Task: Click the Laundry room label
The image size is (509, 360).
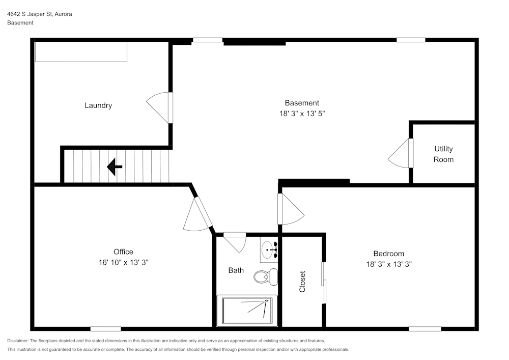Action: coord(98,105)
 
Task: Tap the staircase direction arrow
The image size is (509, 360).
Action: coord(115,167)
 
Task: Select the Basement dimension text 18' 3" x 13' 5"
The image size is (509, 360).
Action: coord(302,114)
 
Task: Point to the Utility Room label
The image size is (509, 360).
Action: coord(443,154)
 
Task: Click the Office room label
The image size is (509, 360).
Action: coord(123,252)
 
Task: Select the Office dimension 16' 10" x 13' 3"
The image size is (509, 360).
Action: coord(123,262)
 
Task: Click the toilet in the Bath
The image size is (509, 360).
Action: coord(265,276)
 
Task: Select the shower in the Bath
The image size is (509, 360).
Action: coord(247,310)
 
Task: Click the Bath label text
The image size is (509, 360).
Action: coord(236,270)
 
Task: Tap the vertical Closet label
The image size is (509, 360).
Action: coord(302,282)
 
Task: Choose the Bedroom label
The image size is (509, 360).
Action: coord(388,254)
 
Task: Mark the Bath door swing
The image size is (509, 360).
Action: coord(235,241)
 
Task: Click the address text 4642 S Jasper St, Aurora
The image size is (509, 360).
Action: coord(39,14)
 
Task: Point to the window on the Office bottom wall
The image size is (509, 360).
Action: coord(106,329)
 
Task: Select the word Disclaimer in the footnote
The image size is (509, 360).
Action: coord(18,341)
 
